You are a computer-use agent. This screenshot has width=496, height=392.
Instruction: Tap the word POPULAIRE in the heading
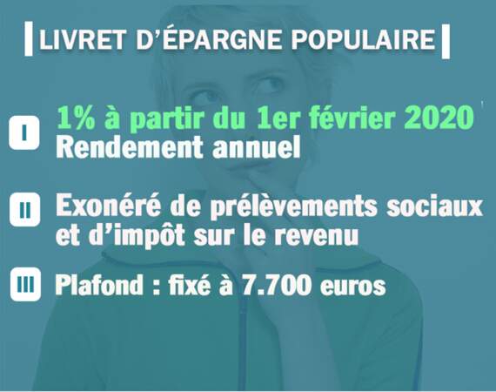click(363, 39)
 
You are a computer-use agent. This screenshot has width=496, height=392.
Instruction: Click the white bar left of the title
click(29, 39)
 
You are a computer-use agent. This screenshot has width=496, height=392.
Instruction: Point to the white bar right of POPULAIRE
click(445, 41)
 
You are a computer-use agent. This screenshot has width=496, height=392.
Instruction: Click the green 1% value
click(77, 118)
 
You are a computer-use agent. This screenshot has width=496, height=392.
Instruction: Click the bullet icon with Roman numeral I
click(24, 132)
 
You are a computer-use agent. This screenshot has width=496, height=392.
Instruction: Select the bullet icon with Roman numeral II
click(25, 210)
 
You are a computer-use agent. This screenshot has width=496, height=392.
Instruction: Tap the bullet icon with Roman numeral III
click(25, 284)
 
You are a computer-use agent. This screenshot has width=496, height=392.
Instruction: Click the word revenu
click(317, 235)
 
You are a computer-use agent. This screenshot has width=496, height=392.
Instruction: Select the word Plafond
click(99, 284)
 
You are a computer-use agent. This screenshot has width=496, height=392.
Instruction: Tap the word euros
click(352, 287)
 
